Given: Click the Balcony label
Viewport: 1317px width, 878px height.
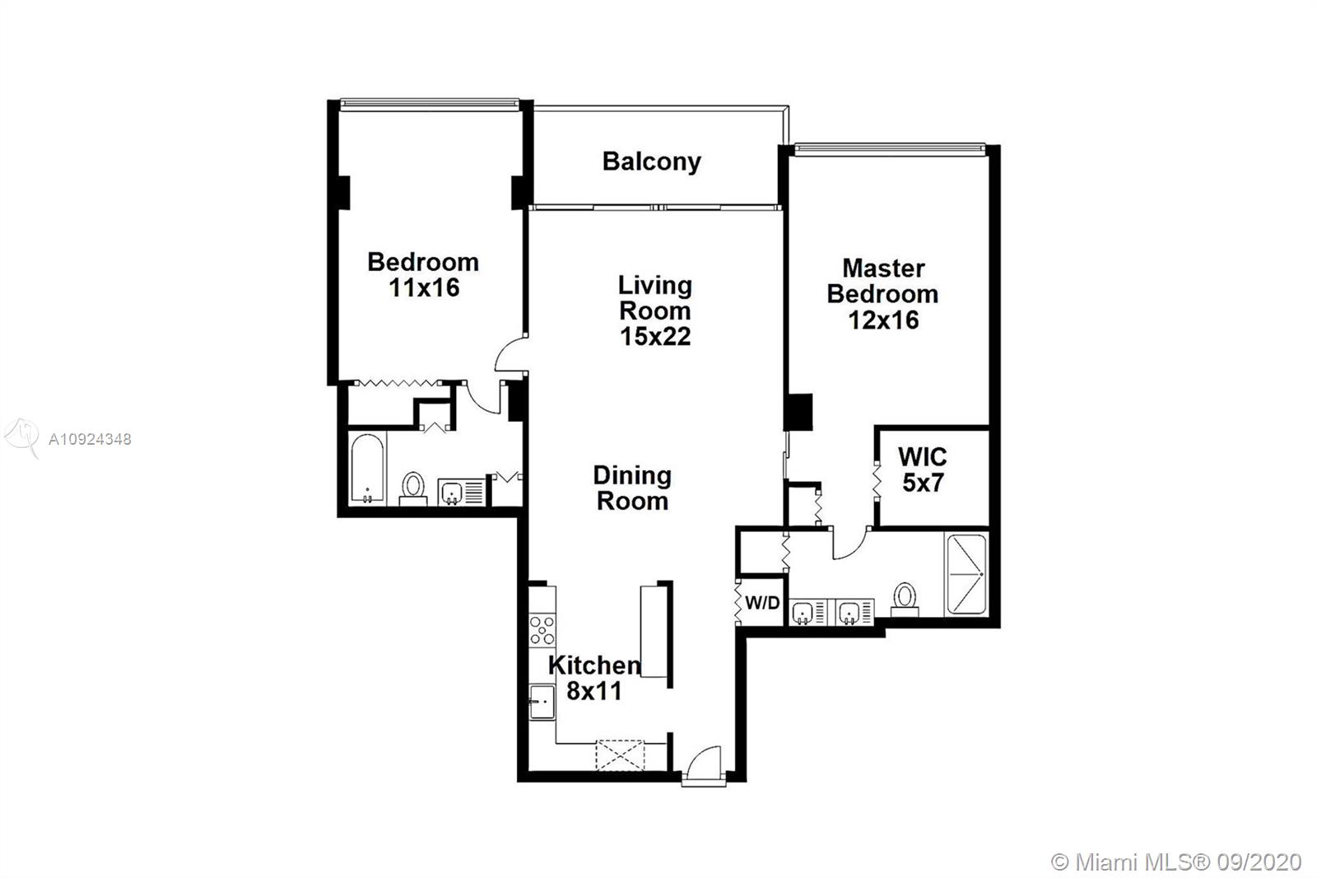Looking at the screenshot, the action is (x=651, y=161).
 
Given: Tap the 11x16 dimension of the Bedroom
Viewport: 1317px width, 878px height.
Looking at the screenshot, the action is (x=424, y=287).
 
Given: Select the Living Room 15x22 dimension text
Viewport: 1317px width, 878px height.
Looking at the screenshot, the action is (x=655, y=337).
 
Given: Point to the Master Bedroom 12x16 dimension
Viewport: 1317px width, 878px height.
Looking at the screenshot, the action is (x=883, y=320).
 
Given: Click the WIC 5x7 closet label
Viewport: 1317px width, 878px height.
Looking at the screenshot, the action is (x=923, y=469).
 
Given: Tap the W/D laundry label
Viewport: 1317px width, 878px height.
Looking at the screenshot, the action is (x=762, y=603).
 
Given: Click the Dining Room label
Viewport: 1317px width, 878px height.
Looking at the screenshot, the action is (x=632, y=488).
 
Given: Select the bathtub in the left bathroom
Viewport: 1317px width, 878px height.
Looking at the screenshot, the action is (x=367, y=469).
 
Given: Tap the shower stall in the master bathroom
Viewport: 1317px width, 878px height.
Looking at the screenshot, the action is (x=966, y=574).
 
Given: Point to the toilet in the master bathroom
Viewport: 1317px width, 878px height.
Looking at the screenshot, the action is (x=905, y=600).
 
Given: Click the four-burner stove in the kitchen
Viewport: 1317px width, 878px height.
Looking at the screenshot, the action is (x=542, y=629).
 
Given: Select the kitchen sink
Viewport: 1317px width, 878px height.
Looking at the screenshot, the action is (x=542, y=702).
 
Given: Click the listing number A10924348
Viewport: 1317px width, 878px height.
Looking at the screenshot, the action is (x=90, y=440).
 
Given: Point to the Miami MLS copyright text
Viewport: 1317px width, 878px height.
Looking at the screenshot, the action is (x=1176, y=862).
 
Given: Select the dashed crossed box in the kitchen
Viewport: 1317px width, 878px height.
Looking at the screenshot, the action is (x=620, y=755).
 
